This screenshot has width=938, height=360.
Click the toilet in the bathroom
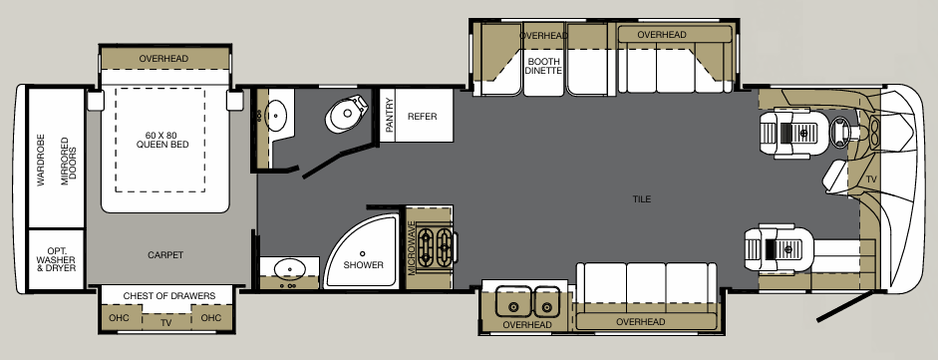pyautogui.click(x=346, y=114)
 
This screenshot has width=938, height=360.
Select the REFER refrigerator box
pyautogui.click(x=424, y=116)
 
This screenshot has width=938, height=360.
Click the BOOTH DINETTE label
pyautogui.click(x=543, y=66)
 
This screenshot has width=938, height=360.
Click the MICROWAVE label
pyautogui.click(x=411, y=248)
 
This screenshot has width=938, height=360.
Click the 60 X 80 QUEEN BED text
pyautogui.click(x=162, y=140)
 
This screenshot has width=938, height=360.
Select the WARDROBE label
pyautogui.click(x=41, y=157)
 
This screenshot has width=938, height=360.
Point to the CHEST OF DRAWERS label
pyautogui.click(x=168, y=296)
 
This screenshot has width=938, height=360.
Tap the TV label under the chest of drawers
pyautogui.click(x=166, y=322)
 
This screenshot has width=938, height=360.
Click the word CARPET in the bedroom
pyautogui.click(x=165, y=254)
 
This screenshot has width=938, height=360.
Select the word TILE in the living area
pyautogui.click(x=642, y=199)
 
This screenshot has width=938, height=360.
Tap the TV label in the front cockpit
pyautogui.click(x=871, y=180)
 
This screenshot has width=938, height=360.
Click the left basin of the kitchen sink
pyautogui.click(x=514, y=302)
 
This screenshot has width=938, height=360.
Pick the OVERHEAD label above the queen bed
pyautogui.click(x=163, y=59)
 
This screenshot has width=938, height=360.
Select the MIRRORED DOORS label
pyautogui.click(x=69, y=157)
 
